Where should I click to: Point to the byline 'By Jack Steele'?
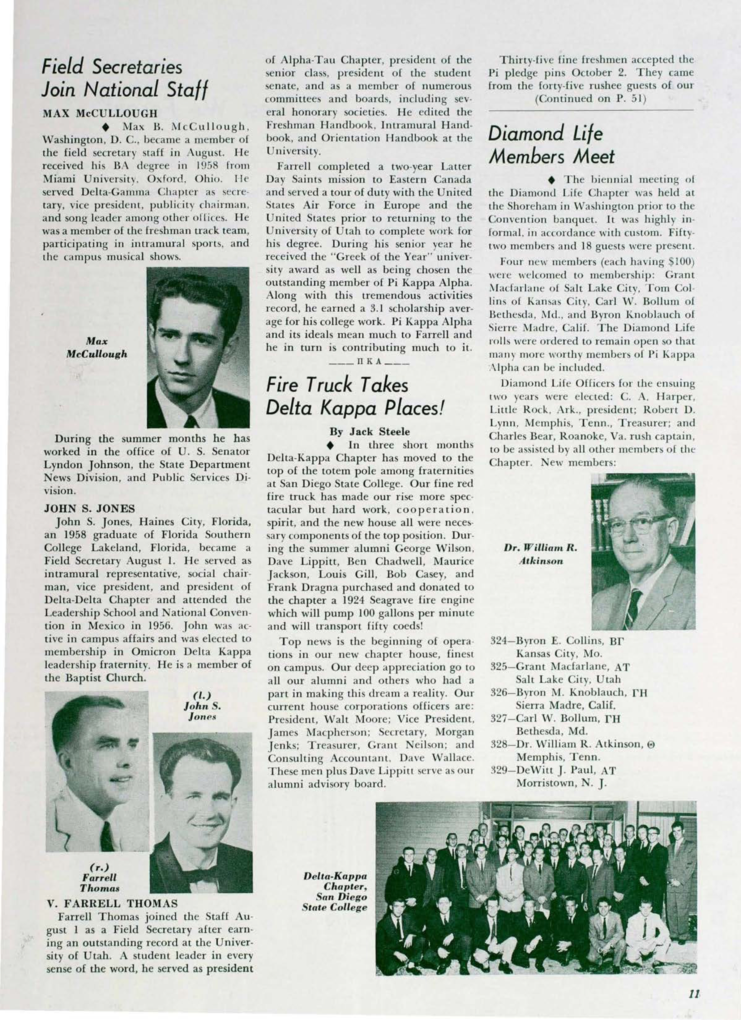coord(370,432)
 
